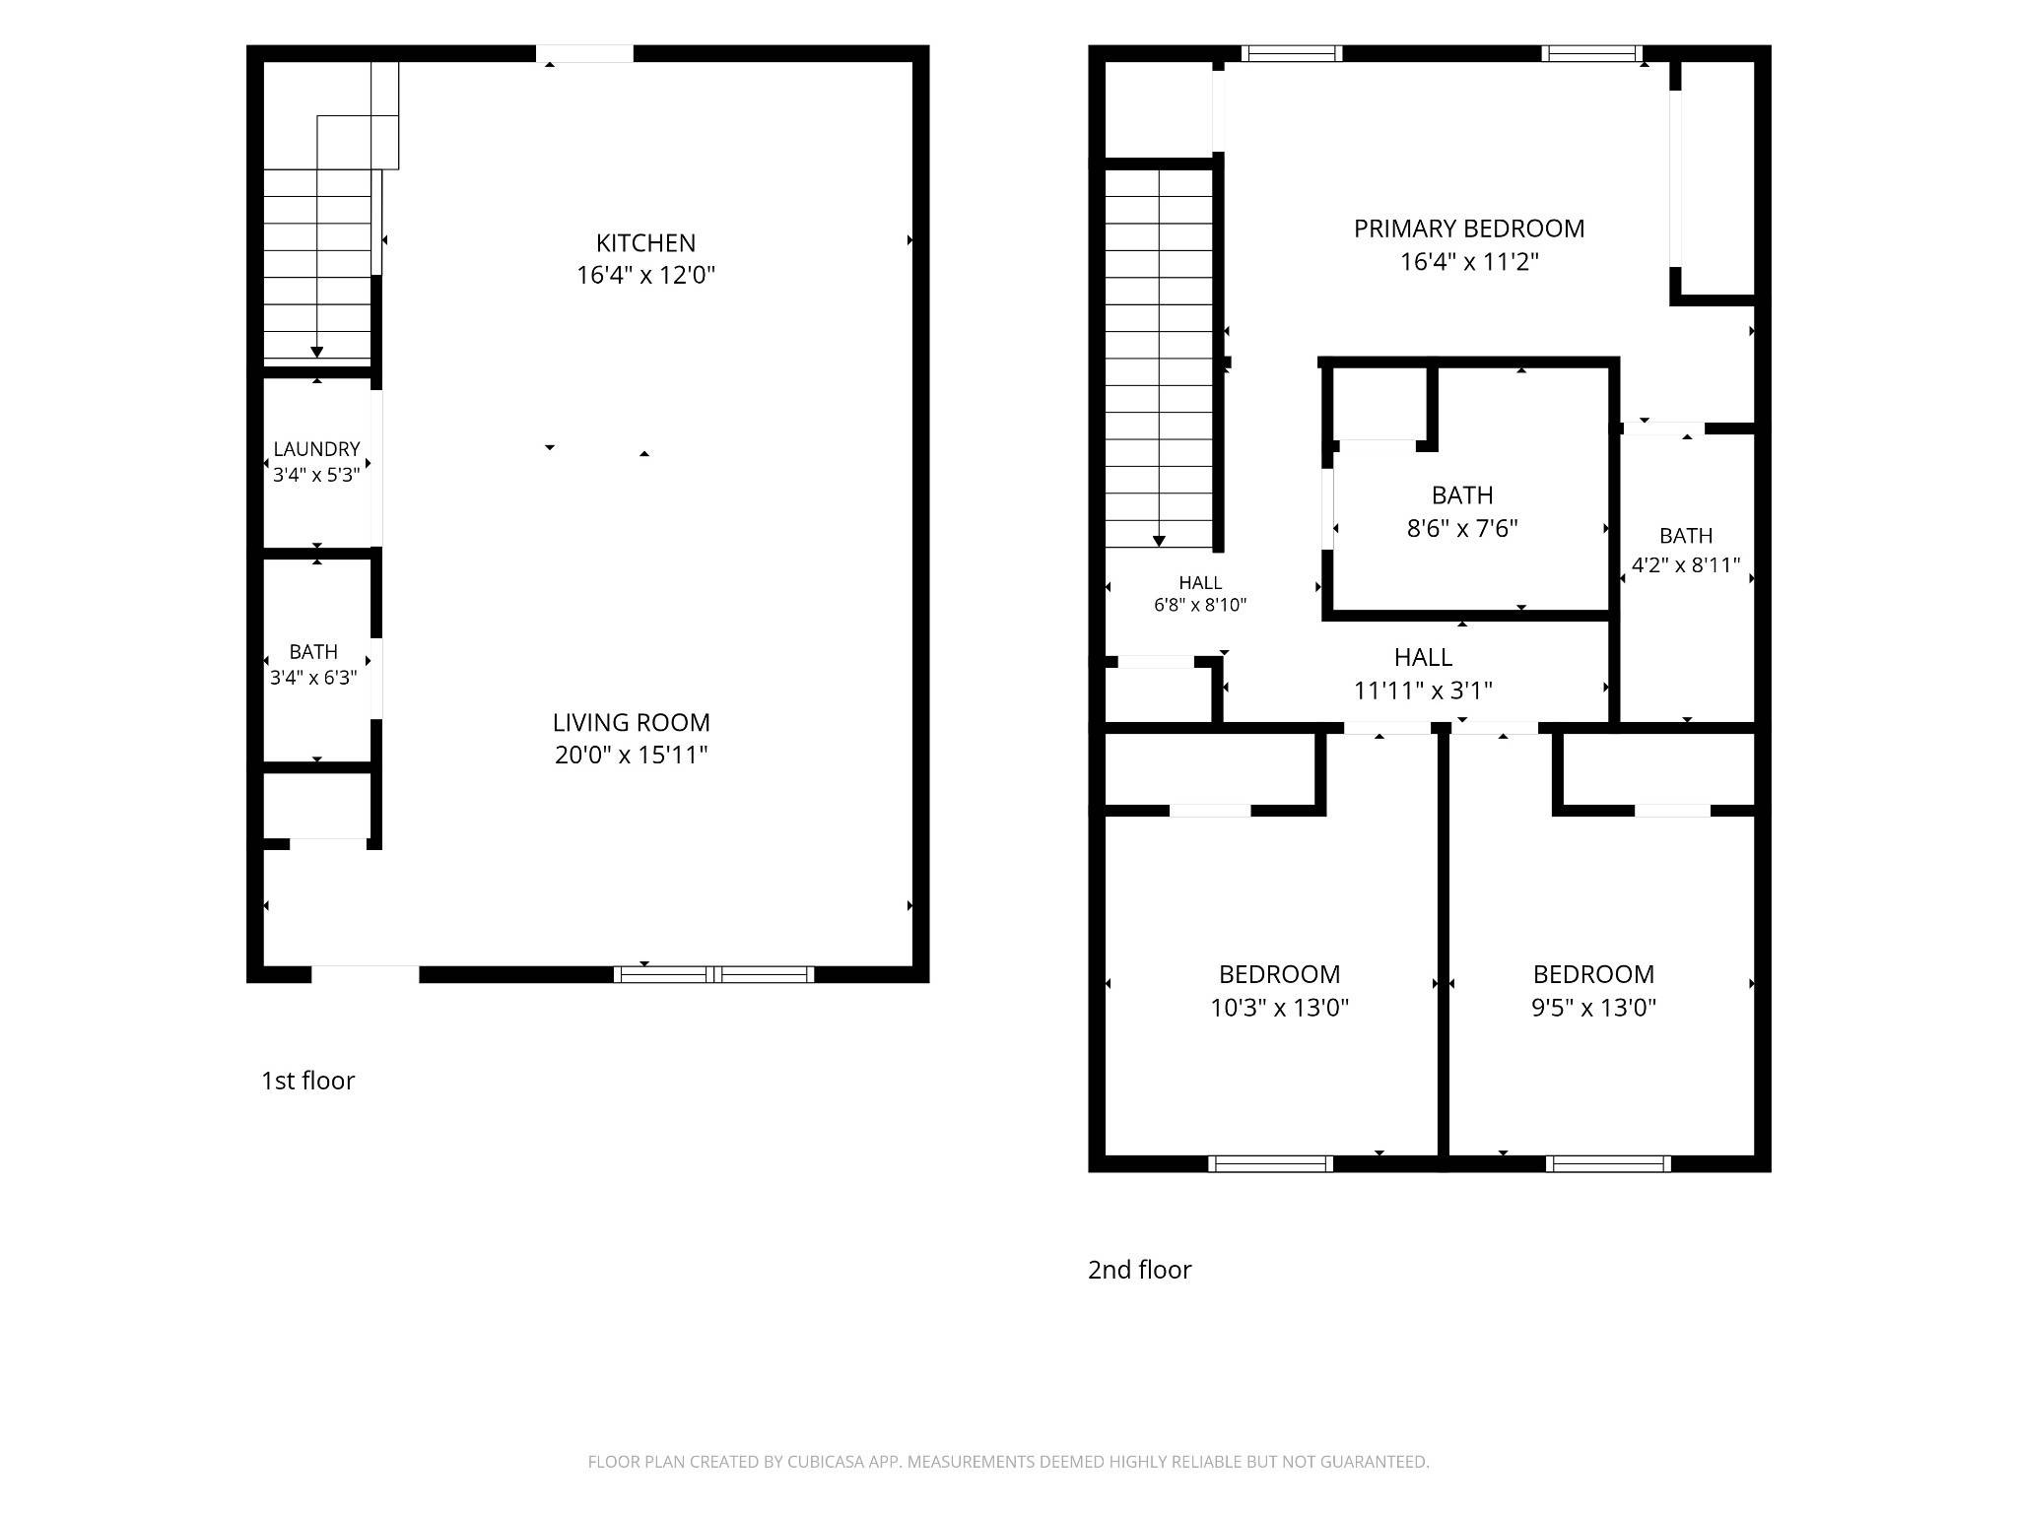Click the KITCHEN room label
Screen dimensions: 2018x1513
pyautogui.click(x=645, y=243)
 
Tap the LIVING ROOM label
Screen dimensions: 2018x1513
pyautogui.click(x=631, y=722)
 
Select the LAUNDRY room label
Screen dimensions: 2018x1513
pyautogui.click(x=316, y=449)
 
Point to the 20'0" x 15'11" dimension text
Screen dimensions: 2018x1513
pyautogui.click(x=631, y=755)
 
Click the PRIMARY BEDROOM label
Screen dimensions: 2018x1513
pyautogui.click(x=1469, y=229)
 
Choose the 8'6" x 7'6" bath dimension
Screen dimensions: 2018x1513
pyautogui.click(x=1462, y=528)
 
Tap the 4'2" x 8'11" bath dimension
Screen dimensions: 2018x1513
pyautogui.click(x=1686, y=565)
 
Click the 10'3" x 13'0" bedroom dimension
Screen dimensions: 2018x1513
pyautogui.click(x=1279, y=1008)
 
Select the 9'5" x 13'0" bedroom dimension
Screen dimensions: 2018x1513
pyautogui.click(x=1593, y=1008)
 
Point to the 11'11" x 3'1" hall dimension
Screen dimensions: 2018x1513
pyautogui.click(x=1423, y=691)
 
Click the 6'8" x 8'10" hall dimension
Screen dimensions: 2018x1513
pyautogui.click(x=1200, y=605)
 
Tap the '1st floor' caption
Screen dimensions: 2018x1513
pyautogui.click(x=307, y=1081)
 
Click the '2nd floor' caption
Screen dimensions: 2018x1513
pyautogui.click(x=1139, y=1270)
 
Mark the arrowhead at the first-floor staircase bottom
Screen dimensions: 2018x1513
pyautogui.click(x=317, y=352)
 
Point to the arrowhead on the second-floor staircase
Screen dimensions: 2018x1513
pyautogui.click(x=1159, y=541)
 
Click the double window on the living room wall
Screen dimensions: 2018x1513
pyautogui.click(x=713, y=974)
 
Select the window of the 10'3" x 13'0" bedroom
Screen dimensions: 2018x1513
pyautogui.click(x=1270, y=1163)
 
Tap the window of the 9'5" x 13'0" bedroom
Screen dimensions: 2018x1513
pyautogui.click(x=1608, y=1163)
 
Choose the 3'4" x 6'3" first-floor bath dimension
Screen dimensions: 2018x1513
pyautogui.click(x=313, y=678)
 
